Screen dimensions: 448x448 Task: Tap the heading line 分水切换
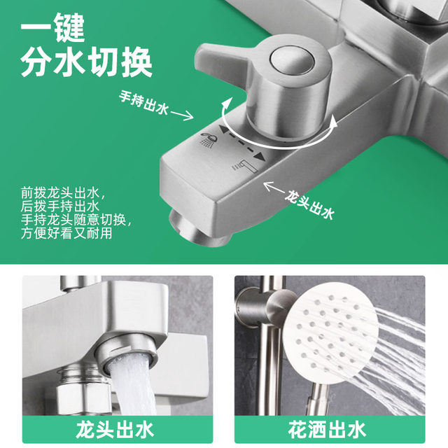86,64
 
